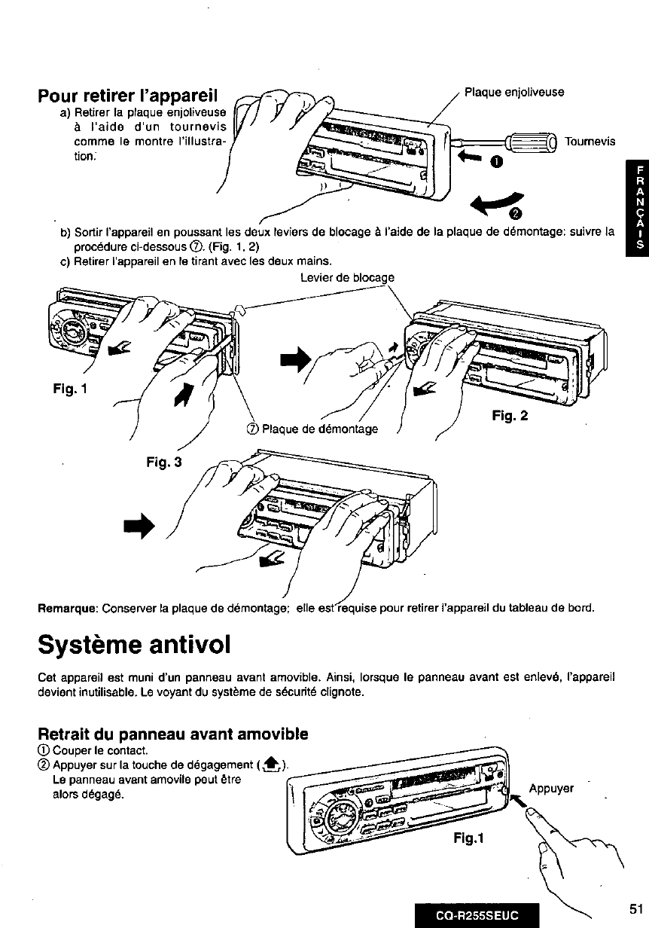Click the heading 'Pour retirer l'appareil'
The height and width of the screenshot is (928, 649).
click(128, 97)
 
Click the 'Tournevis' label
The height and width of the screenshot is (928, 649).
click(590, 141)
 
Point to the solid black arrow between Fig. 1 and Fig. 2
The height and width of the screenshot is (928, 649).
click(295, 360)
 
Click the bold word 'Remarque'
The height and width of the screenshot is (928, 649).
click(68, 607)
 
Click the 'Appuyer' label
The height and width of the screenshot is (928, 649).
click(553, 789)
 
